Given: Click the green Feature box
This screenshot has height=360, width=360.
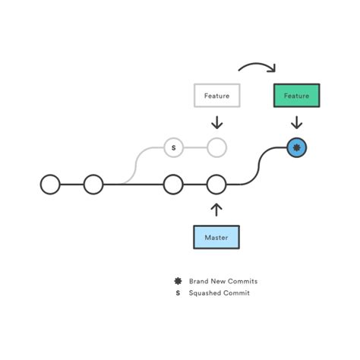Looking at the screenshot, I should pyautogui.click(x=296, y=96).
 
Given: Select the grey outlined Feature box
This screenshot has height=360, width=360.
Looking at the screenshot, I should pyautogui.click(x=216, y=96).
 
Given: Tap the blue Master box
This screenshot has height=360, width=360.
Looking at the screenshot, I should pyautogui.click(x=216, y=238).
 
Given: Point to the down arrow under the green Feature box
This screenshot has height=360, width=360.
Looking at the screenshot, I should pyautogui.click(x=296, y=122).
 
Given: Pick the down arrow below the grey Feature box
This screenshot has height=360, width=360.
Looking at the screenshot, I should pyautogui.click(x=216, y=122).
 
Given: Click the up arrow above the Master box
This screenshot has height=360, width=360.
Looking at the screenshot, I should pyautogui.click(x=216, y=208).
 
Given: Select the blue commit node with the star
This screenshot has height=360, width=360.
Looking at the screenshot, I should pyautogui.click(x=296, y=147).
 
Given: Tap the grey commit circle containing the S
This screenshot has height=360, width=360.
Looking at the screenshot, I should pyautogui.click(x=173, y=147).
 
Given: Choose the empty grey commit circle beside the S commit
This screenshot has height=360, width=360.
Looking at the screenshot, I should pyautogui.click(x=216, y=147).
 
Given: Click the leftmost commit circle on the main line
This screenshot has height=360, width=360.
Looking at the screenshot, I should pyautogui.click(x=50, y=184).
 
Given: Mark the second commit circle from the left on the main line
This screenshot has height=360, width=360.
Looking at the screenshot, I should pyautogui.click(x=93, y=184).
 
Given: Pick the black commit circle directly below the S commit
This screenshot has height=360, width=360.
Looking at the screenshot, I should pyautogui.click(x=173, y=184).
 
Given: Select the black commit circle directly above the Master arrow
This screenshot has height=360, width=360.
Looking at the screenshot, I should pyautogui.click(x=216, y=184).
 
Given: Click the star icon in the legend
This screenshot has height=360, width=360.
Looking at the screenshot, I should pyautogui.click(x=177, y=281).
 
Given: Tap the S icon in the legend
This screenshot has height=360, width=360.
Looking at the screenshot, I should pyautogui.click(x=177, y=293).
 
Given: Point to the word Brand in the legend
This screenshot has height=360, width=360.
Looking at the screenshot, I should pyautogui.click(x=199, y=281).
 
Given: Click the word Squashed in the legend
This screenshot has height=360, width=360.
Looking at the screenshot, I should pyautogui.click(x=205, y=293).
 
